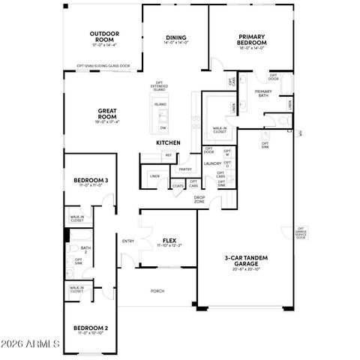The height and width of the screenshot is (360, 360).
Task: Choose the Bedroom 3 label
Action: tap(91, 181)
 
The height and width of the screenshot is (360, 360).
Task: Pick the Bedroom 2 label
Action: tap(91, 328)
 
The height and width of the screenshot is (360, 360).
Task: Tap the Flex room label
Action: tap(169, 241)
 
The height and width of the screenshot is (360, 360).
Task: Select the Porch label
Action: tap(157, 291)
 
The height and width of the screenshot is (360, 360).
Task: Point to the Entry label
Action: tap(128, 241)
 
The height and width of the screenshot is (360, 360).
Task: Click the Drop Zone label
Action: tap(199, 199)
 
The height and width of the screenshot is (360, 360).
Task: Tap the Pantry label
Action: tap(185, 169)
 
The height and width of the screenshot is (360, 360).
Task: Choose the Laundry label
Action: tap(212, 163)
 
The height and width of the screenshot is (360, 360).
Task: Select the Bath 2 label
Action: tap(85, 250)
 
